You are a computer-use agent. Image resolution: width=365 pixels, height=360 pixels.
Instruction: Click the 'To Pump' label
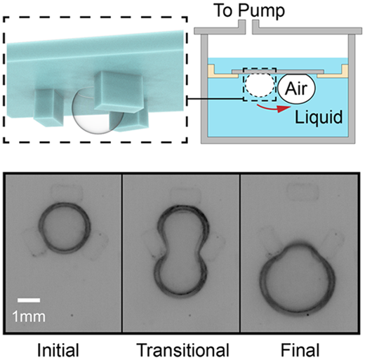249,11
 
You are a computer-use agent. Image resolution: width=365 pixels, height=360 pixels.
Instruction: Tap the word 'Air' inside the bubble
297,88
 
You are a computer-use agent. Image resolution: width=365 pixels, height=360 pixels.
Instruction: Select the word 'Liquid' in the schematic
319,118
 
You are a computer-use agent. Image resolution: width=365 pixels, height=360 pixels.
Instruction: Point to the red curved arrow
273,108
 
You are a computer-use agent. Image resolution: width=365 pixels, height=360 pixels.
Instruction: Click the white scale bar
29,300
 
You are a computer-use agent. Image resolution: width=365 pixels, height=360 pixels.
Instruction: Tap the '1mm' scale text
29,316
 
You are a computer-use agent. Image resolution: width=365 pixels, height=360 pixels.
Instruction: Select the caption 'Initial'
58,350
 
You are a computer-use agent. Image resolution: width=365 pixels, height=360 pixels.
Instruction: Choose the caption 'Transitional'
182,350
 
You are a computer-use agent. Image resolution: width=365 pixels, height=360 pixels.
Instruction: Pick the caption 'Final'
300,350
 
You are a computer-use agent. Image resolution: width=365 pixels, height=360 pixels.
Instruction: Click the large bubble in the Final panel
297,313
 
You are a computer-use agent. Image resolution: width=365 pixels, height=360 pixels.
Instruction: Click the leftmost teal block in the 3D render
48,107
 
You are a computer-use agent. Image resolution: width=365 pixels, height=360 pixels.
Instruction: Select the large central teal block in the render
119,91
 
